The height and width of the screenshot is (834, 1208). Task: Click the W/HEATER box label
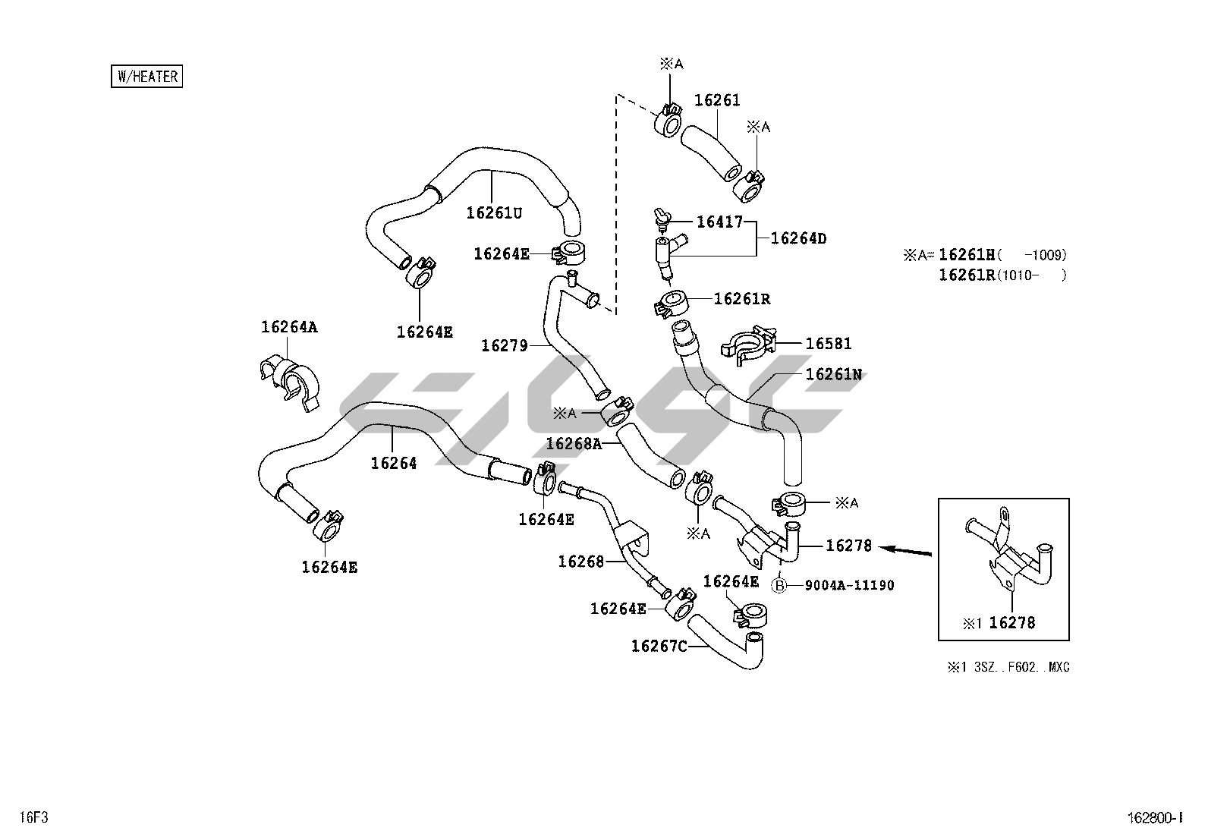click(x=147, y=77)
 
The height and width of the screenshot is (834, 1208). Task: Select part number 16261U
click(x=494, y=213)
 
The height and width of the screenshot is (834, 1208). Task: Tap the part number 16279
click(x=504, y=346)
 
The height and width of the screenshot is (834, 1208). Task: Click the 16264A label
click(x=289, y=327)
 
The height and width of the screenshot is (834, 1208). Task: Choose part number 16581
click(x=829, y=344)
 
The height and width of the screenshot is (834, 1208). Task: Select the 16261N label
click(x=833, y=374)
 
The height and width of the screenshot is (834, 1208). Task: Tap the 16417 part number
click(x=719, y=222)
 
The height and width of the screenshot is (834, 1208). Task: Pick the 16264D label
click(x=798, y=238)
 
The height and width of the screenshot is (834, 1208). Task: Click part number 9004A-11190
click(x=849, y=585)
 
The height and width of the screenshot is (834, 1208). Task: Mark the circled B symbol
click(x=779, y=585)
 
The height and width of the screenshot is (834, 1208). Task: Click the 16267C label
click(x=659, y=646)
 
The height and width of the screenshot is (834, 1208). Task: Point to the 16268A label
click(x=574, y=444)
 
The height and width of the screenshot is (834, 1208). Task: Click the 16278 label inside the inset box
click(x=1012, y=623)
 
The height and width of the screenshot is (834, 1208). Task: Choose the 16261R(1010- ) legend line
click(x=1002, y=275)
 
